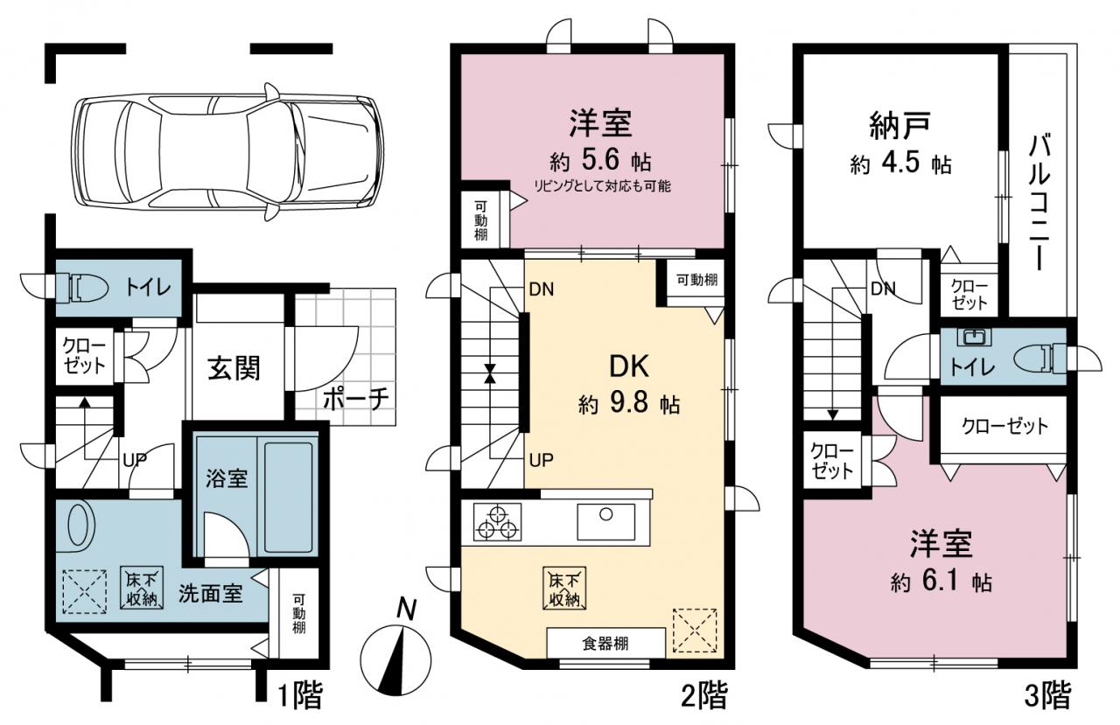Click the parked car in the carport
pyautogui.click(x=227, y=152)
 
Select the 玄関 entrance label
pyautogui.click(x=234, y=369)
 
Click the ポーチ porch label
pyautogui.click(x=355, y=400)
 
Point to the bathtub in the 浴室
pyautogui.click(x=287, y=496)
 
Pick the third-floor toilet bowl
pyautogui.click(x=1039, y=359)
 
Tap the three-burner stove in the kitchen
pyautogui.click(x=497, y=522)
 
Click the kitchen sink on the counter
pyautogui.click(x=606, y=521)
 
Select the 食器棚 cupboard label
pyautogui.click(x=605, y=644)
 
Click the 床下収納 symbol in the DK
pyautogui.click(x=564, y=588)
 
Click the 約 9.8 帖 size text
pyautogui.click(x=629, y=403)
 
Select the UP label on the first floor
pyautogui.click(x=135, y=458)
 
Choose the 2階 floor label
pyautogui.click(x=705, y=695)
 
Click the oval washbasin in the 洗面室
pyautogui.click(x=81, y=525)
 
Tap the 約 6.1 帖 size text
pyautogui.click(x=941, y=582)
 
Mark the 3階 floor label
pyautogui.click(x=1047, y=695)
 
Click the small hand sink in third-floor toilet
pyautogui.click(x=972, y=337)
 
